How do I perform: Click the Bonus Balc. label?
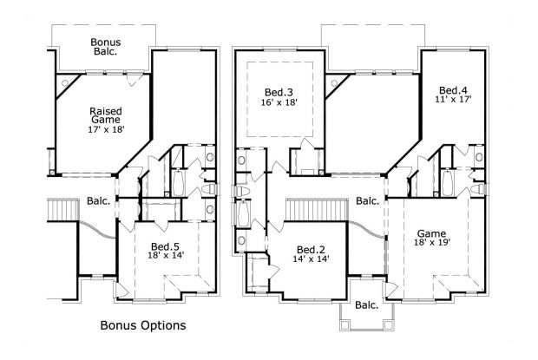point(106,47)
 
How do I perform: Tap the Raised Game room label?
point(106,115)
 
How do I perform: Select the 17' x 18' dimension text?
point(106,129)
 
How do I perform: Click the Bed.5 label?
point(166,246)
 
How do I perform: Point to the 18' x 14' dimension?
point(166,255)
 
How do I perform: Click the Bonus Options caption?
point(143,325)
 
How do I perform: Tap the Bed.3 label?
point(279,92)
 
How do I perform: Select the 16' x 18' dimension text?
point(279,102)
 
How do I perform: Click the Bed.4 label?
point(453,90)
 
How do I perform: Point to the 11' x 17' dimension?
point(453,100)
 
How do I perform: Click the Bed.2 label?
point(311,250)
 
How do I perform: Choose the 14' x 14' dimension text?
point(312,259)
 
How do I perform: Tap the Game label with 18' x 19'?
point(431,234)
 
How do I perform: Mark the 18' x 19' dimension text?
point(432,242)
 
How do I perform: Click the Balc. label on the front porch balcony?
point(367,304)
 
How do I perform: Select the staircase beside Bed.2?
point(317,210)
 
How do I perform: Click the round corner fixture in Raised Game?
point(65,82)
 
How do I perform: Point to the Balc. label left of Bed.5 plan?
point(98,201)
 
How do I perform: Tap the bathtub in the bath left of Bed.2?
point(243,214)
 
